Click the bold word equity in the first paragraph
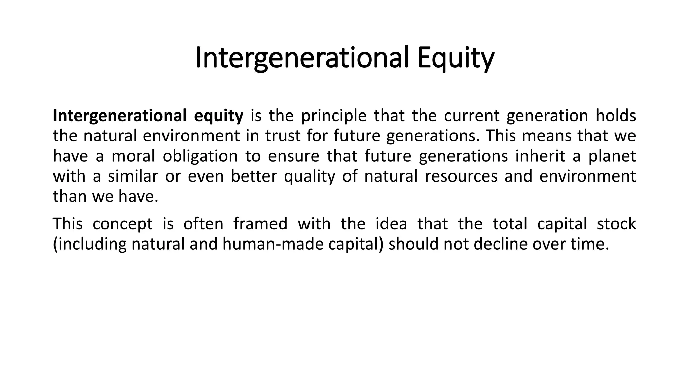(219, 116)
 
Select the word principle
(333, 116)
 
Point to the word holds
(616, 116)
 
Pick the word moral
(133, 156)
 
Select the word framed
(260, 224)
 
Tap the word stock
(616, 224)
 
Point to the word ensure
(293, 156)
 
